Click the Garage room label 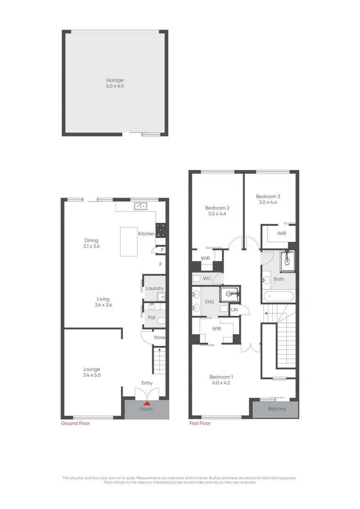[x=115, y=80]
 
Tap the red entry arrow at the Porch [x=147, y=403]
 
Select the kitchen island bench [x=129, y=241]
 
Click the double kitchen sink [x=140, y=206]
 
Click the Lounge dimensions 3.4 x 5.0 [x=92, y=376]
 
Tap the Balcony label [x=277, y=409]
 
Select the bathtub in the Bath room [x=278, y=297]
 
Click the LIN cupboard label [x=235, y=310]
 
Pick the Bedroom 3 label [x=268, y=197]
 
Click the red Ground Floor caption [x=75, y=423]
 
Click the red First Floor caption [x=200, y=423]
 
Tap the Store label [x=160, y=337]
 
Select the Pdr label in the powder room [x=152, y=318]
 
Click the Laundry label [x=155, y=288]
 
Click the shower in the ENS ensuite [x=230, y=294]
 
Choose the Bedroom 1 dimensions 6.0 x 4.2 [x=221, y=383]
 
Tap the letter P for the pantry [x=162, y=250]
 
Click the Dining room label [x=91, y=240]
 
